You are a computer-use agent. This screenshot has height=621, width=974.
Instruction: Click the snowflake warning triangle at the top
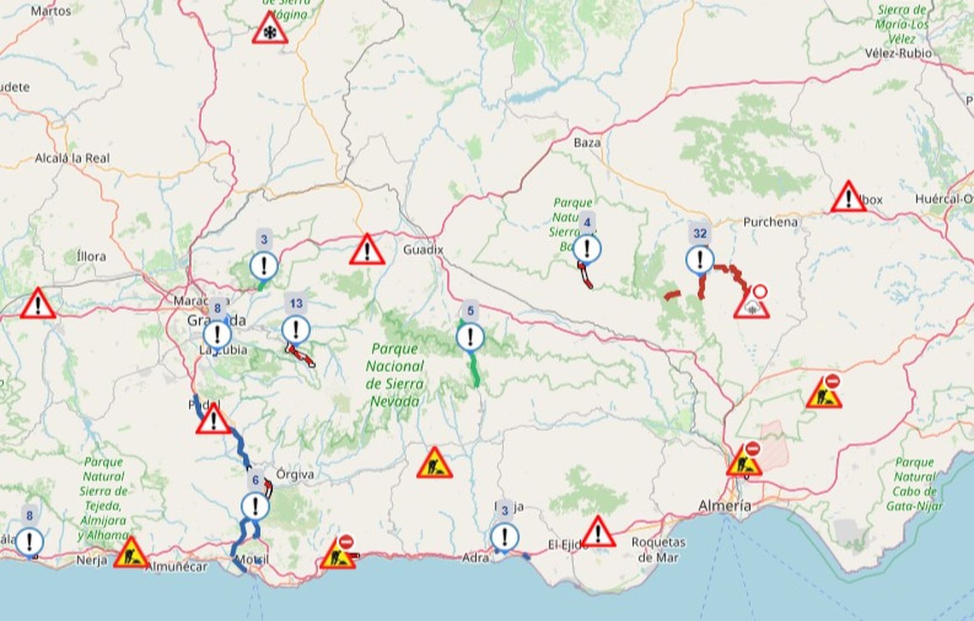[x=270, y=30]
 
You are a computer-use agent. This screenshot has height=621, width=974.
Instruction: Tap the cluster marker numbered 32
[x=700, y=259]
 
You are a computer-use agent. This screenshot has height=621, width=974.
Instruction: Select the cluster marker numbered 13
[x=296, y=330]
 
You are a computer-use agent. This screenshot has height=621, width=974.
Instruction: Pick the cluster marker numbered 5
[x=470, y=336]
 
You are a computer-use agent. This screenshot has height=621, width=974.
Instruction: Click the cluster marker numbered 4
[x=587, y=248]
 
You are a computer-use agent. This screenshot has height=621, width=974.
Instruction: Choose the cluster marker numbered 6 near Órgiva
[x=255, y=505]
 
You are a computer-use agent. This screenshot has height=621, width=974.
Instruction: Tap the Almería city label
[x=724, y=505]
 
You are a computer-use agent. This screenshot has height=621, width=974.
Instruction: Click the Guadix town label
[x=423, y=249]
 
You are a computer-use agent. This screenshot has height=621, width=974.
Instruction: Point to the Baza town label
[x=587, y=143]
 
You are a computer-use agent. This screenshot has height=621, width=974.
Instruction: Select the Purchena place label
[x=770, y=222]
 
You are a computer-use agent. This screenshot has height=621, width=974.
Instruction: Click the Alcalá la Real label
[x=72, y=158]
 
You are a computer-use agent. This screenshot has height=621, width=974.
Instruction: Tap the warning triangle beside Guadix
[x=367, y=251]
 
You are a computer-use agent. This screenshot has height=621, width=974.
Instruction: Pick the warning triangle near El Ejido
[x=598, y=532]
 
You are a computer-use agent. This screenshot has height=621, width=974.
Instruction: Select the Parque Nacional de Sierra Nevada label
[x=394, y=375]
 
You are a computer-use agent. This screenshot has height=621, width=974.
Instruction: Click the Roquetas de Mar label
[x=658, y=549]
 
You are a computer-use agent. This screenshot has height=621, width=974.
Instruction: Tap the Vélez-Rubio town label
[x=898, y=53]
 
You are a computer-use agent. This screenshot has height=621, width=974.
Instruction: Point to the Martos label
[x=51, y=11]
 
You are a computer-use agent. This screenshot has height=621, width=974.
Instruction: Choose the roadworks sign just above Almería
[x=744, y=462]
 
